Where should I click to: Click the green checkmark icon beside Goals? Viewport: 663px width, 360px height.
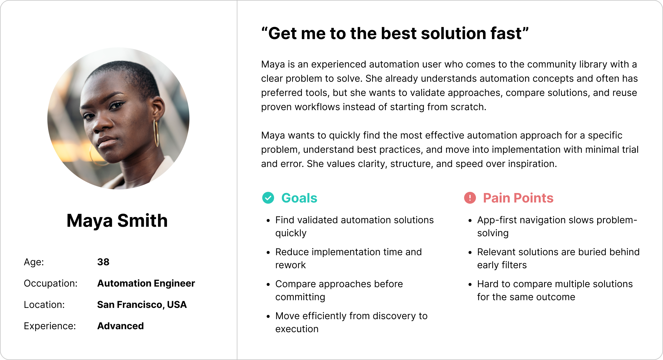(268, 198)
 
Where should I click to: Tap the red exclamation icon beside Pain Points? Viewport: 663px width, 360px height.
(470, 198)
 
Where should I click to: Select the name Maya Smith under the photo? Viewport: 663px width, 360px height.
(117, 221)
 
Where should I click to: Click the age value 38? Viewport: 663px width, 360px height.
(103, 262)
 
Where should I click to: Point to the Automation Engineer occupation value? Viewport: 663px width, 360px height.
(146, 283)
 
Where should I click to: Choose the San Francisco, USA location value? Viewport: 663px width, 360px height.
(142, 305)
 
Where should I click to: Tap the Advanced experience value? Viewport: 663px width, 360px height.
(120, 326)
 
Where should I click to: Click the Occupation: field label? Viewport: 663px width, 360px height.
(51, 283)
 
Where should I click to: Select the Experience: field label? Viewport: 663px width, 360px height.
(50, 326)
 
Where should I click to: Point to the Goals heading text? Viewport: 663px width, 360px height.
(299, 198)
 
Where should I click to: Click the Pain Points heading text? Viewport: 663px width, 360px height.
(518, 198)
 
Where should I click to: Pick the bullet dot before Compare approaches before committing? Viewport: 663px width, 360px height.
(268, 285)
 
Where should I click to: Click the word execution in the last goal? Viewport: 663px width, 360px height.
(297, 329)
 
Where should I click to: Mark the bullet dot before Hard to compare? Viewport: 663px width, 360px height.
(470, 285)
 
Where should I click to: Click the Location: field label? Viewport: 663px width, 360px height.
(44, 305)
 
